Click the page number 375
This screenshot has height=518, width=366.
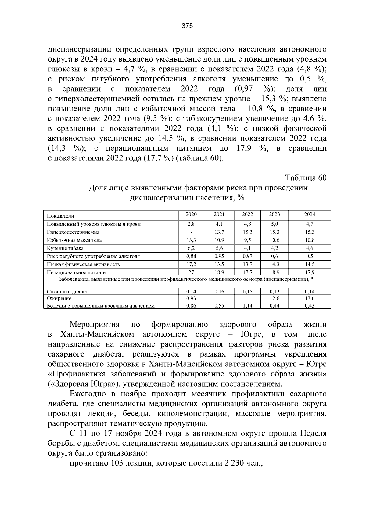[187, 26]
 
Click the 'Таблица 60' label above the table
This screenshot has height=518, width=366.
[306, 178]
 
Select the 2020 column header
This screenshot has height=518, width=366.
[191, 214]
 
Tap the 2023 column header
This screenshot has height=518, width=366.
[274, 214]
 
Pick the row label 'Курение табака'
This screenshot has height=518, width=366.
[65, 248]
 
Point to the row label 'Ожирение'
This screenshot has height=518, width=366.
[59, 298]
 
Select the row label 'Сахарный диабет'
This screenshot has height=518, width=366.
[67, 292]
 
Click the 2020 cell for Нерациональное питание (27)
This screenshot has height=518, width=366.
[191, 272]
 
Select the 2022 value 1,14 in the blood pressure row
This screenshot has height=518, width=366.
[247, 305]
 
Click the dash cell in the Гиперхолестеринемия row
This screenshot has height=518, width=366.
[191, 232]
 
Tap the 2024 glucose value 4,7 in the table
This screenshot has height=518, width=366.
[309, 224]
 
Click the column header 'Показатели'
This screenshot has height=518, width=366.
[60, 216]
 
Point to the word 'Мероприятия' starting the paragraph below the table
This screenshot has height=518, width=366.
[95, 324]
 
